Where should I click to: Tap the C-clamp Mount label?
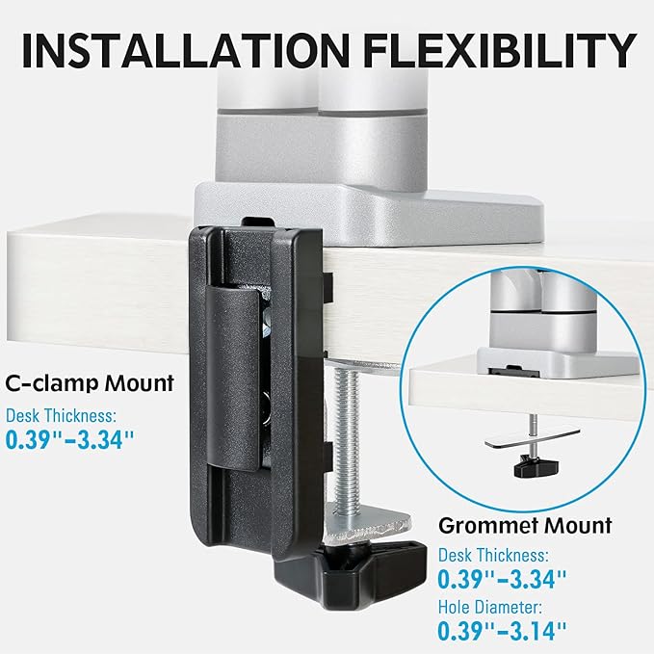pyautogui.click(x=88, y=383)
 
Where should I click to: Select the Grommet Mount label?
pyautogui.click(x=525, y=526)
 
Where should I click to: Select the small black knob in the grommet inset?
pyautogui.click(x=533, y=467)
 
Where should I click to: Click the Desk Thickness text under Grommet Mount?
pyautogui.click(x=492, y=556)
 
